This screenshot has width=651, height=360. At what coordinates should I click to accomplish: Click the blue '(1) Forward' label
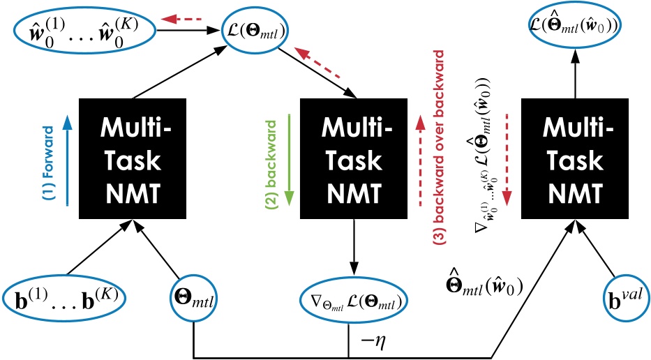click(48, 162)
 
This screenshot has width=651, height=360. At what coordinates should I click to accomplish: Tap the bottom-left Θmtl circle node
click(192, 299)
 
